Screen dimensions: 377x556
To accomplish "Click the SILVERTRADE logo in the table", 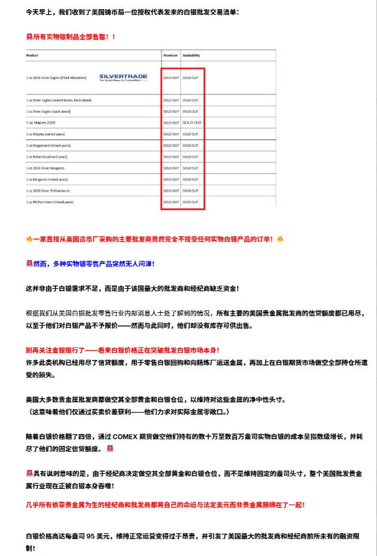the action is tap(123, 77).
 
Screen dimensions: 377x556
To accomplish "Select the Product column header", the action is tap(33, 56).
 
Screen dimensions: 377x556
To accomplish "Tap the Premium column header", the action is tap(170, 56).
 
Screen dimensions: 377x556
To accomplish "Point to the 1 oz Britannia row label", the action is tap(48, 156).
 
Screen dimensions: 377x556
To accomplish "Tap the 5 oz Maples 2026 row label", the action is tap(41, 123).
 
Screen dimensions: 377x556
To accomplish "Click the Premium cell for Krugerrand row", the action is tap(171, 145).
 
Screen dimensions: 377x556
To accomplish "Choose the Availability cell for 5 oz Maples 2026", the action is tap(192, 123).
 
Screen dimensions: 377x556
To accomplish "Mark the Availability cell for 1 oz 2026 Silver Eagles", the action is tap(191, 78).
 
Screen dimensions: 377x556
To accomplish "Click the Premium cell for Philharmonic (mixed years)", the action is tap(171, 202).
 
